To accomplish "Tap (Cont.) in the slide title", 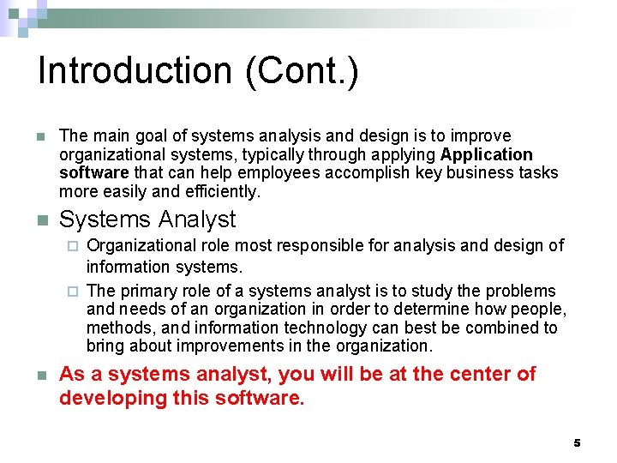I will click(x=302, y=71).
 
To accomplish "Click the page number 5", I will click(x=577, y=443).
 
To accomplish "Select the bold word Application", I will click(x=486, y=154).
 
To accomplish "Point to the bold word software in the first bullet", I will click(x=93, y=173).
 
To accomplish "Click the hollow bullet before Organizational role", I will click(x=73, y=247).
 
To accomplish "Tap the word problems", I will click(x=524, y=292).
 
